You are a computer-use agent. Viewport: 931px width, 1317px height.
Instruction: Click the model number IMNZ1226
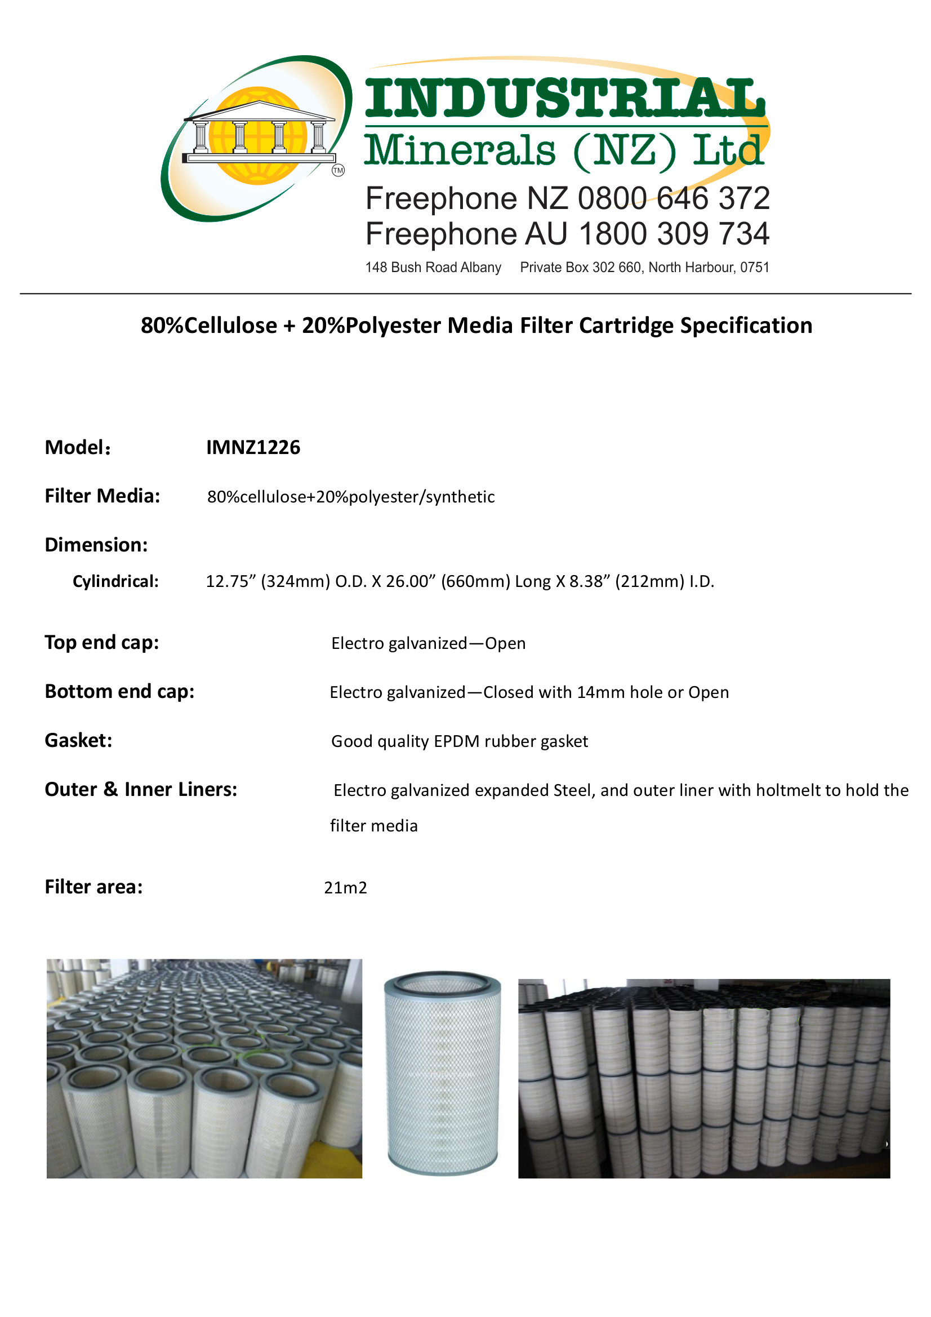point(253,447)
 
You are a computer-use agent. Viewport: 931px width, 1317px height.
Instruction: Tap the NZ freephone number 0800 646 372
point(674,198)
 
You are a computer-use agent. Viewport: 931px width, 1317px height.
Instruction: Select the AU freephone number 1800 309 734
point(674,234)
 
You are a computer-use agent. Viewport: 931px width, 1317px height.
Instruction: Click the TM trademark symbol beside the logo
point(338,170)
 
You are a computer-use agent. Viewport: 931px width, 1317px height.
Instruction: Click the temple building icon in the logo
point(259,131)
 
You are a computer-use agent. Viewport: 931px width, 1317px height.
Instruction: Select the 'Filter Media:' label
point(103,496)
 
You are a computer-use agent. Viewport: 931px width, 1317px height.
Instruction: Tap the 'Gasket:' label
point(79,741)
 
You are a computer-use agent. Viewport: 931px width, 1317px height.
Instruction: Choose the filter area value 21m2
point(345,887)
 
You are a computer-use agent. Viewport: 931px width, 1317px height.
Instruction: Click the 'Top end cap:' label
point(102,642)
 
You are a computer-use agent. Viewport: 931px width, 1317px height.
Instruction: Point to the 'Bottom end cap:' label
point(120,692)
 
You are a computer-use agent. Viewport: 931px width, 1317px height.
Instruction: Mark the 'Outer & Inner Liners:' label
point(141,790)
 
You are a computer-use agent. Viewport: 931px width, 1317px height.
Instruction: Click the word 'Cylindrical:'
point(116,582)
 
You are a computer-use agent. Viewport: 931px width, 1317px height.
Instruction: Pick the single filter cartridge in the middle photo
point(442,1072)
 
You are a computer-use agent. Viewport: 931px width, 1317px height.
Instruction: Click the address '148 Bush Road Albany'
point(433,268)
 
